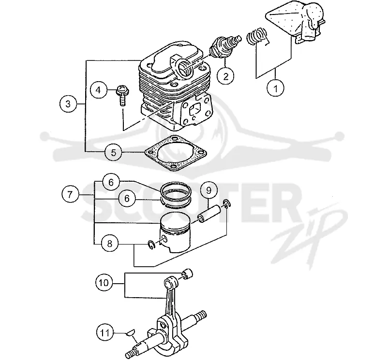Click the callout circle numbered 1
(276, 88)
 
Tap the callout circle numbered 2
(225, 76)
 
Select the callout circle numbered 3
(68, 104)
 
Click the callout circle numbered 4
(99, 90)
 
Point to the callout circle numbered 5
(113, 152)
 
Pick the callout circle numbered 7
(70, 194)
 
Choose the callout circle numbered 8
(110, 244)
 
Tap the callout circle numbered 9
(208, 190)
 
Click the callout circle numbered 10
(104, 283)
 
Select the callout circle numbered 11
(104, 333)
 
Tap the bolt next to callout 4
(122, 95)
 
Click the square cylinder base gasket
(176, 153)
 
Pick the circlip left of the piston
(151, 245)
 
